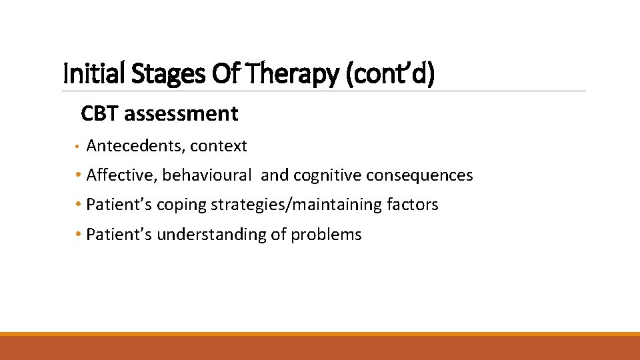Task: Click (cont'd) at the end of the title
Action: pyautogui.click(x=390, y=73)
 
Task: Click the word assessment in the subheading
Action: pyautogui.click(x=181, y=114)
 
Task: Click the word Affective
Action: pyautogui.click(x=122, y=175)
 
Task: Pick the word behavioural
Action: pyautogui.click(x=207, y=175)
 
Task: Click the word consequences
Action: pyautogui.click(x=418, y=175)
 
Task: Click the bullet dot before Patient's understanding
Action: pyautogui.click(x=79, y=234)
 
